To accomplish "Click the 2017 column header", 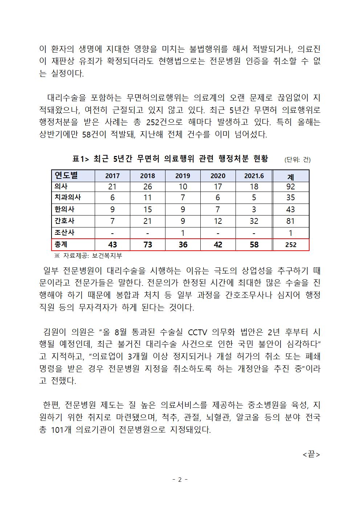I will click(x=112, y=176).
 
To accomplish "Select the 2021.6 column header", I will click(x=254, y=176).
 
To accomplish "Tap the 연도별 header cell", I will click(x=66, y=176).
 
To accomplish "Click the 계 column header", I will click(x=291, y=177).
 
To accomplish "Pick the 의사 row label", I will click(x=61, y=186).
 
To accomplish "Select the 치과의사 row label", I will click(x=67, y=198).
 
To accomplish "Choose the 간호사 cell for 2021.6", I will click(x=254, y=221).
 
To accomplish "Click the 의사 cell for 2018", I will click(x=147, y=186).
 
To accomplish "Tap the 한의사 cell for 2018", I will click(x=147, y=209).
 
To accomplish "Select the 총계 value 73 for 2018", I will click(x=147, y=245).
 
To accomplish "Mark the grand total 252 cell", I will click(x=291, y=245).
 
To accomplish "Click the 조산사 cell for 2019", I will click(x=183, y=233).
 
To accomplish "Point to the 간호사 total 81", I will click(x=291, y=221).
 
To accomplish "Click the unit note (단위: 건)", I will click(x=298, y=160).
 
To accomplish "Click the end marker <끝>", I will click(x=311, y=455).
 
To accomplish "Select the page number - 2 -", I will click(x=180, y=480).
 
